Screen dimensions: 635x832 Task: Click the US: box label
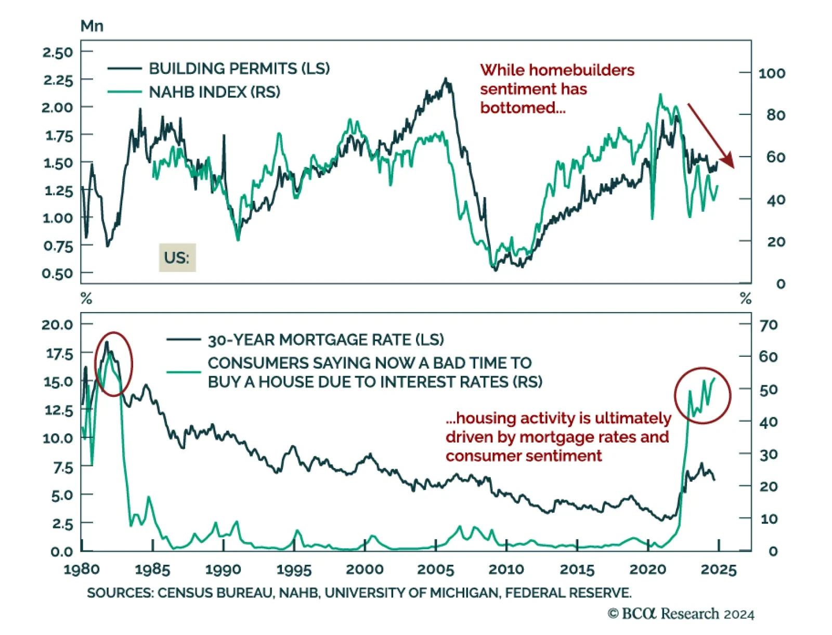[177, 257]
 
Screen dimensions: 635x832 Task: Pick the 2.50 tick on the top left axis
[58, 52]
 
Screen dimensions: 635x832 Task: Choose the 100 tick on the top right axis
[772, 73]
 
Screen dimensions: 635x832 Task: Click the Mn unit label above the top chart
[92, 26]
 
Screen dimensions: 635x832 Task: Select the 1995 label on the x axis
[294, 569]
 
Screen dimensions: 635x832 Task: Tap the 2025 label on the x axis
[719, 569]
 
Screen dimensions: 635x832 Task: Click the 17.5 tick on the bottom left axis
[59, 354]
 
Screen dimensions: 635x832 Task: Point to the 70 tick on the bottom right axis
[769, 325]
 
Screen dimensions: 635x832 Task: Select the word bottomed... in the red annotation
[523, 108]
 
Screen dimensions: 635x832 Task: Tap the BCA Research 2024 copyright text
[681, 614]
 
